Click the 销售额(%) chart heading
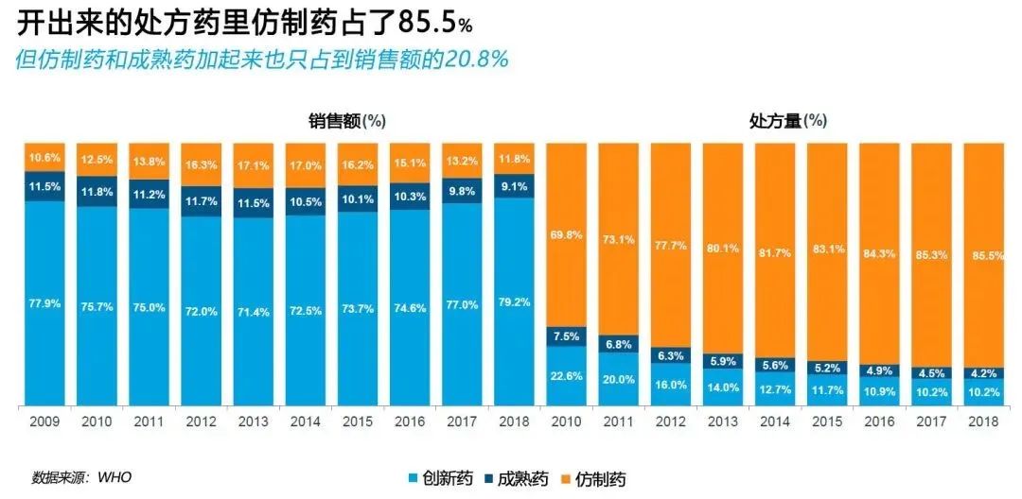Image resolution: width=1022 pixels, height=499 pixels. (x=346, y=121)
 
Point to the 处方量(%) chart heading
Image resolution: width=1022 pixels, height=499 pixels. (x=787, y=121)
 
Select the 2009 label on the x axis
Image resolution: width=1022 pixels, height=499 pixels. (x=45, y=422)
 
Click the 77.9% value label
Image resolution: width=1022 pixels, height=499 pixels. (x=45, y=303)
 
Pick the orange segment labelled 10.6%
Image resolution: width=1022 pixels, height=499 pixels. (x=45, y=157)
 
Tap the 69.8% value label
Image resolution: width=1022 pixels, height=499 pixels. (x=565, y=233)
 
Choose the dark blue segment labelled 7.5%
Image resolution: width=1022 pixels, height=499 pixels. (x=565, y=337)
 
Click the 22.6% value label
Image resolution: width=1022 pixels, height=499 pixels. (x=565, y=375)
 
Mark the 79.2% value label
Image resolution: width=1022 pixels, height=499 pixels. (x=513, y=302)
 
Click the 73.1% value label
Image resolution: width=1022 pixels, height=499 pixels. (x=617, y=240)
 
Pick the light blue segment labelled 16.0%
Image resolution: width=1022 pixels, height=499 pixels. (x=669, y=385)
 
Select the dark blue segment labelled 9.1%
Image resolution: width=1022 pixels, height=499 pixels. (x=513, y=186)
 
